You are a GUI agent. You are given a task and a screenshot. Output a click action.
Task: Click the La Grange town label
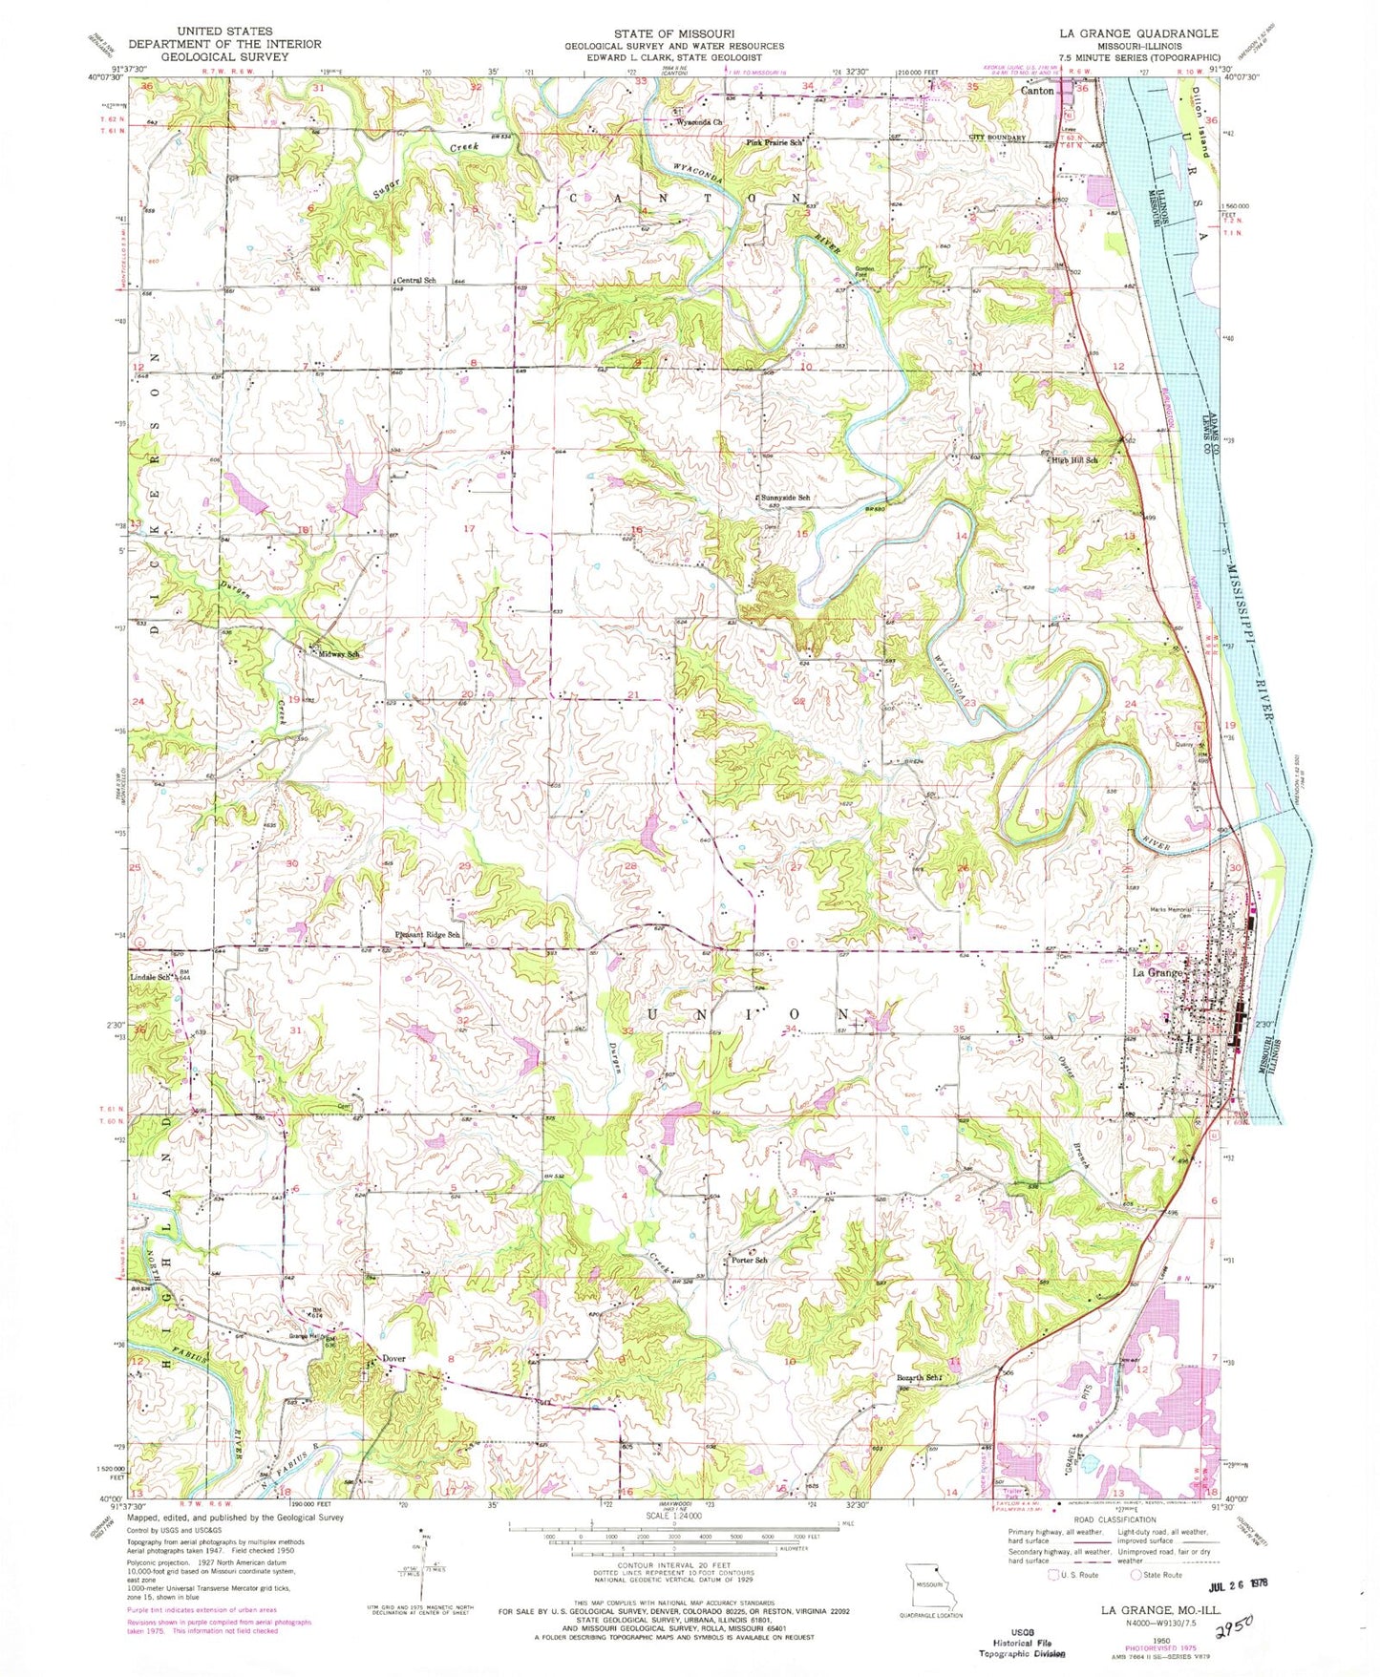point(1157,972)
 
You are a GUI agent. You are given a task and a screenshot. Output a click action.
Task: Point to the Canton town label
point(1038,92)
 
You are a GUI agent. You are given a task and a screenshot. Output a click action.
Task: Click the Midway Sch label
point(340,654)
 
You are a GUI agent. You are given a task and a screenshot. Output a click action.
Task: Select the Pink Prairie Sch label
point(775,142)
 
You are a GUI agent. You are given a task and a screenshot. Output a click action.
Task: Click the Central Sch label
point(416,280)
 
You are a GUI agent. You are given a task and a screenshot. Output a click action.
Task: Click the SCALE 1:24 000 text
point(673,1516)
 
